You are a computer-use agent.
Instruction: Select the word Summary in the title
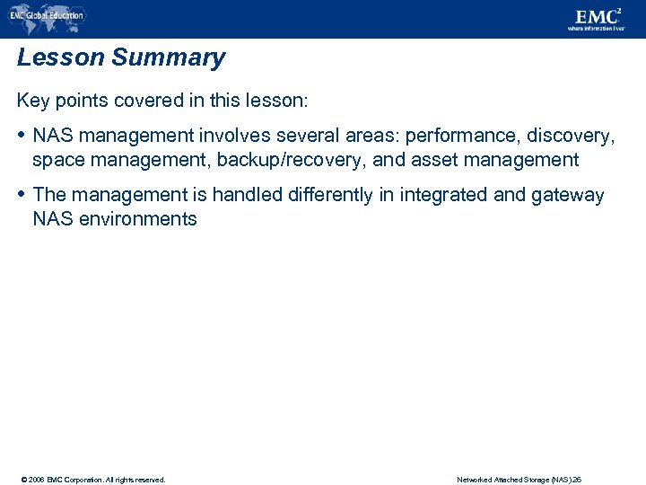coord(169,58)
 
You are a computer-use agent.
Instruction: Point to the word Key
coord(33,101)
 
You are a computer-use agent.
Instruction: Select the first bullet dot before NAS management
coord(22,136)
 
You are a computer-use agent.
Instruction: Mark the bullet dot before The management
coord(22,195)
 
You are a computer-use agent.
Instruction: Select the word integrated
coord(449,195)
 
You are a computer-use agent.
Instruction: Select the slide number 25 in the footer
coord(578,480)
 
